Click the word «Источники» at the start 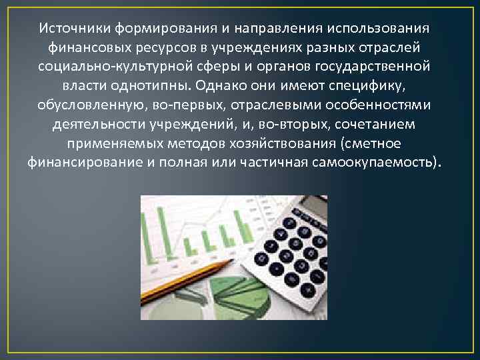coord(75,29)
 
